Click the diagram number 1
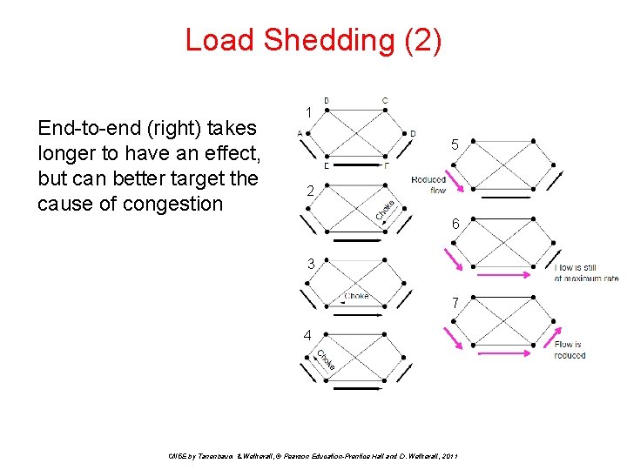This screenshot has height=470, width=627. (309, 112)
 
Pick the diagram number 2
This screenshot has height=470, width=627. (309, 191)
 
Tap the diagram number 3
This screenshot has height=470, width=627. (309, 263)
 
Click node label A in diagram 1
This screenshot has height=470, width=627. (300, 133)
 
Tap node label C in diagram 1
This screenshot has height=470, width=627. (385, 101)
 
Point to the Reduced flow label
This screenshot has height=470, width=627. (429, 185)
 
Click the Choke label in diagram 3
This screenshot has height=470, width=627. (355, 296)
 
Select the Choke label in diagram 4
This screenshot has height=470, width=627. (325, 359)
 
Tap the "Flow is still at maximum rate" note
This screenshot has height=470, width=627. (586, 272)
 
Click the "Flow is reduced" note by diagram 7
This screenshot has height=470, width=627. (570, 350)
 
